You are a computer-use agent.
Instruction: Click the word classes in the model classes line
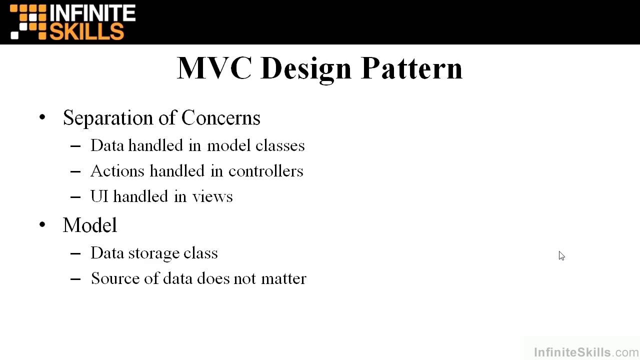tap(280, 145)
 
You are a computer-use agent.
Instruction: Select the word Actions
tap(117, 171)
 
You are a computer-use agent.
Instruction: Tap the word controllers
tap(265, 171)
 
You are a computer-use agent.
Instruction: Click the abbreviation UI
tap(99, 196)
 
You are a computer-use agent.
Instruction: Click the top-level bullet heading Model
tap(90, 225)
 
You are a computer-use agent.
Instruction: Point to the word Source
tap(115, 278)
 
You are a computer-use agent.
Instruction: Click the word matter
tap(283, 278)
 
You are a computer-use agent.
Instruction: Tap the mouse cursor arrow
tap(561, 255)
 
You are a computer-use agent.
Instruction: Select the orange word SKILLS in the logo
tap(86, 31)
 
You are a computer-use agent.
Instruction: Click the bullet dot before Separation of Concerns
tap(42, 118)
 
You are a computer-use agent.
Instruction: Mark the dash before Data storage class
tap(75, 253)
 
